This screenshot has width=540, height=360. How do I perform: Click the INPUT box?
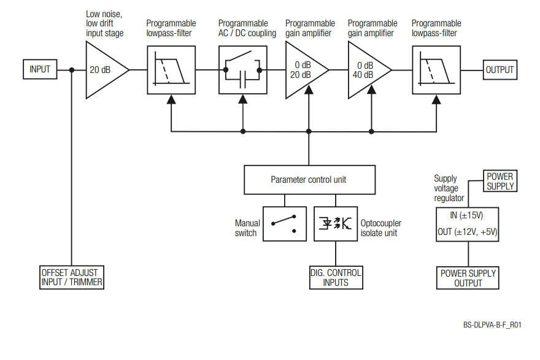(40, 70)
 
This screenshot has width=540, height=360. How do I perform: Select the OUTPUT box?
(499, 70)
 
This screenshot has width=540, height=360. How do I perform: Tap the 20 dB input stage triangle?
(103, 70)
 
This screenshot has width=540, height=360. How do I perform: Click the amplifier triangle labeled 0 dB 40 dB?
(365, 70)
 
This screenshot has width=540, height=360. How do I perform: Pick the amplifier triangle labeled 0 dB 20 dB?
(303, 70)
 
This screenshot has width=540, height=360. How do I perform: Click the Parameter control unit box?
(309, 180)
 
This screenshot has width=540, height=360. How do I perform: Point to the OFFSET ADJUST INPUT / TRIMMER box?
(71, 277)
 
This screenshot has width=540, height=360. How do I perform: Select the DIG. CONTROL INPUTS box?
(336, 277)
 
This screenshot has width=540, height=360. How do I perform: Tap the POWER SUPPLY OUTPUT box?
(468, 278)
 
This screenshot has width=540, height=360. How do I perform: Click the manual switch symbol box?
(284, 223)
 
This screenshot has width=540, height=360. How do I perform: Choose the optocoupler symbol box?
(336, 223)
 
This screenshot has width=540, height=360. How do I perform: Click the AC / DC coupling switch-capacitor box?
(242, 70)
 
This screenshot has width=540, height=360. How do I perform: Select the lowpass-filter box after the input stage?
(171, 70)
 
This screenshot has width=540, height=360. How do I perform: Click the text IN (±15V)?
(468, 215)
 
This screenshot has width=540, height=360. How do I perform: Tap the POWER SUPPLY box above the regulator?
(500, 181)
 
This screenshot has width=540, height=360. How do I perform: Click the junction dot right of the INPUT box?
(72, 70)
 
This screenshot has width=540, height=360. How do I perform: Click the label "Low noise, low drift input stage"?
(104, 23)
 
